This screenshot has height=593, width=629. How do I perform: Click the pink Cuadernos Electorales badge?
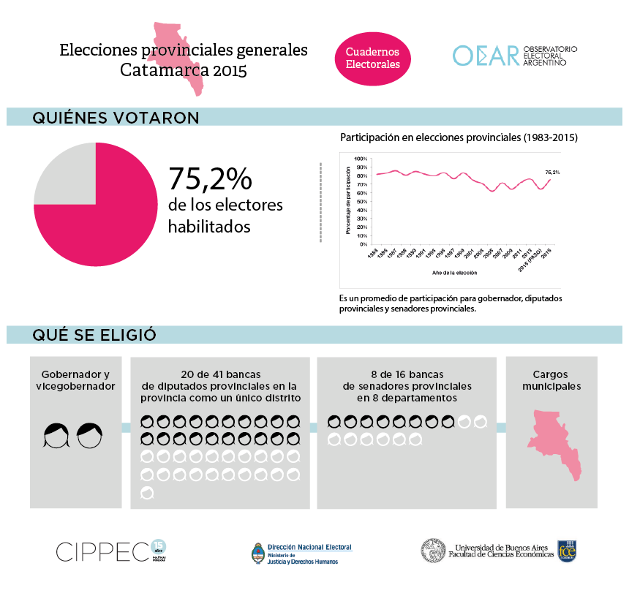[x=372, y=58]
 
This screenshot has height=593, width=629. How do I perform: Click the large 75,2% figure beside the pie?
[x=210, y=178]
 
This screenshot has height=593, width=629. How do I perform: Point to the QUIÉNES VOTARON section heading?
[x=116, y=118]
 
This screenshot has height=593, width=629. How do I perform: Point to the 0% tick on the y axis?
[x=363, y=244]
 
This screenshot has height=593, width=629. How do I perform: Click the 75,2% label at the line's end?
[x=552, y=172]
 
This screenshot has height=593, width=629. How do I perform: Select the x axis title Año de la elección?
[x=454, y=272]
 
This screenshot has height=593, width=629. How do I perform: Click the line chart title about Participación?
[x=459, y=137]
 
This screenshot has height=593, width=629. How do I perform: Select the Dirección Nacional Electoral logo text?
[x=309, y=547]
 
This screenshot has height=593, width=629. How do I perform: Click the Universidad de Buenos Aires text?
[x=501, y=547]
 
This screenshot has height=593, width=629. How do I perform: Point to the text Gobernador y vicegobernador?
[x=76, y=379]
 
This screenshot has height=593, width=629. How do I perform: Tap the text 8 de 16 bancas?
[x=407, y=374]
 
